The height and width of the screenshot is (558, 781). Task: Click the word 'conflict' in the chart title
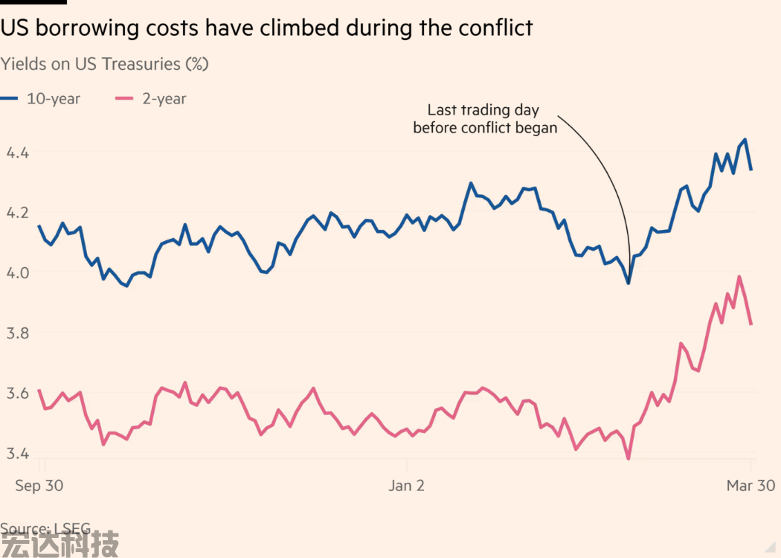[492, 28]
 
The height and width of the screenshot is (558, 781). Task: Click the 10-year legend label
[54, 98]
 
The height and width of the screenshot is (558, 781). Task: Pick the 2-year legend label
[164, 98]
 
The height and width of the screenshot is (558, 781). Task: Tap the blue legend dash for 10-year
[9, 98]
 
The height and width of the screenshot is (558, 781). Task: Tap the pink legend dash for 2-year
[123, 98]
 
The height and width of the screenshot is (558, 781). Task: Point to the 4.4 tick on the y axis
[17, 153]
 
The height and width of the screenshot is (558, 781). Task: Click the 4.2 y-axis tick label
[17, 213]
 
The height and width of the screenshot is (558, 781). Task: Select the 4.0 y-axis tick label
[17, 273]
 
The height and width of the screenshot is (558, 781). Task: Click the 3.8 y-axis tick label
[17, 333]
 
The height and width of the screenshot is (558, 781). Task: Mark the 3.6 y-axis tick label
[17, 394]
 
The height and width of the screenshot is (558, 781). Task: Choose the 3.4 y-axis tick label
[17, 453]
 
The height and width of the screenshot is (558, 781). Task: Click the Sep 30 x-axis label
[39, 486]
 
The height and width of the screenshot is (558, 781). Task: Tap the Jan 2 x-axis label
[406, 486]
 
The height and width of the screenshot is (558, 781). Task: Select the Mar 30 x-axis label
[750, 486]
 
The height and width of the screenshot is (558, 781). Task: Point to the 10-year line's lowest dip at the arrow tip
[629, 283]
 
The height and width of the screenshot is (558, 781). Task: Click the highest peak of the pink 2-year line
[739, 277]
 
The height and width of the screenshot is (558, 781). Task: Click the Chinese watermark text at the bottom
[60, 543]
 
